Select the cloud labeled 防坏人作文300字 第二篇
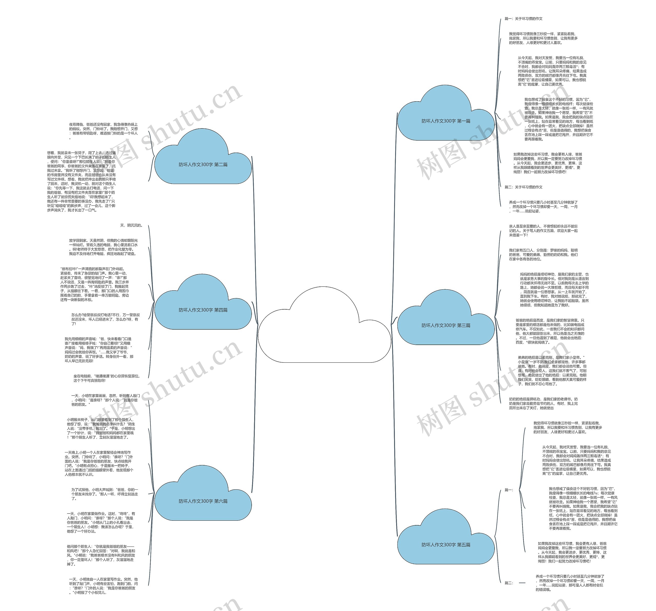pyautogui.click(x=203, y=164)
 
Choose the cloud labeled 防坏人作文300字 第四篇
pyautogui.click(x=203, y=310)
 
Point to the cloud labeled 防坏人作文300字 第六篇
pyautogui.click(x=203, y=501)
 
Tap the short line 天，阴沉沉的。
pyautogui.click(x=131, y=225)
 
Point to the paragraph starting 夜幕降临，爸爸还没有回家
pyautogui.click(x=103, y=131)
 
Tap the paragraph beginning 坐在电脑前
pyautogui.click(x=107, y=378)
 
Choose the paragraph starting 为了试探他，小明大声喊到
pyautogui.click(x=105, y=494)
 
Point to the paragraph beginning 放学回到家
pyautogui.click(x=103, y=247)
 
